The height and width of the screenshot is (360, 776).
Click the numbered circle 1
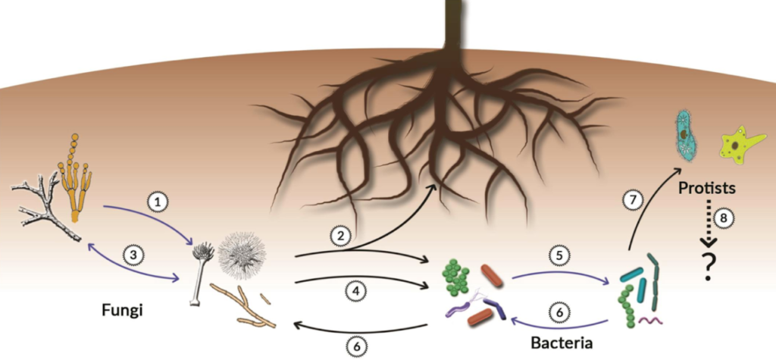158,202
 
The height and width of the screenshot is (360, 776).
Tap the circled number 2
341,236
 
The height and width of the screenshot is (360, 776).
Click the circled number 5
559,255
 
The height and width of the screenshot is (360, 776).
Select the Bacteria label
562,343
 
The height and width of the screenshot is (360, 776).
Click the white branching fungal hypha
48,211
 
